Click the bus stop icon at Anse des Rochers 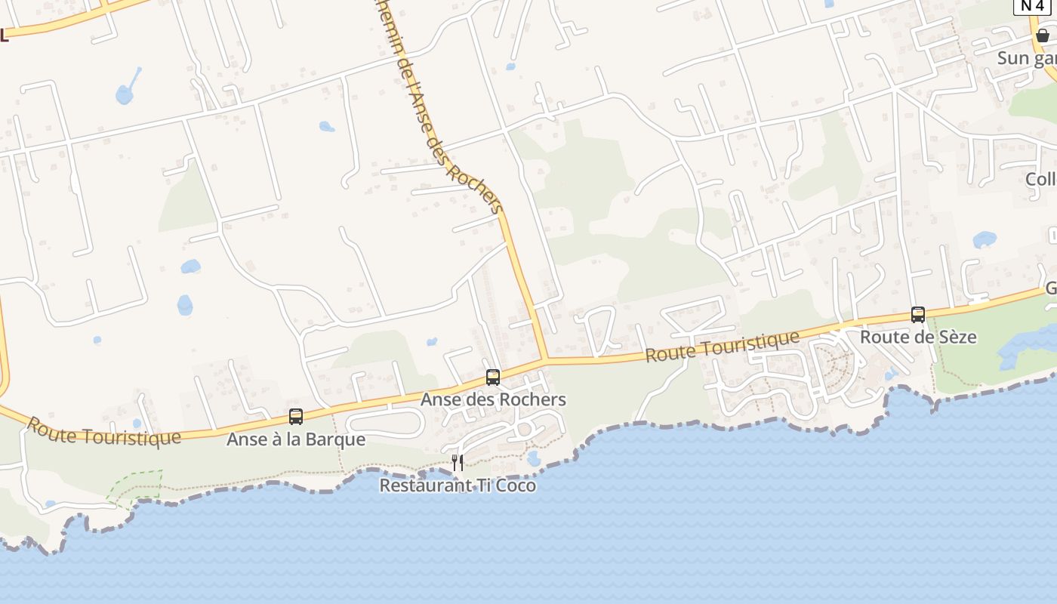click(x=493, y=377)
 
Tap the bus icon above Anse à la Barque click(x=296, y=417)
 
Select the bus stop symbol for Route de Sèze click(x=918, y=315)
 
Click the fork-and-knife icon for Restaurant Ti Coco click(x=458, y=462)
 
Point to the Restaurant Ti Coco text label click(x=458, y=485)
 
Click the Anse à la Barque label click(x=296, y=439)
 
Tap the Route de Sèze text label click(x=918, y=337)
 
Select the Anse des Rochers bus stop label click(x=493, y=399)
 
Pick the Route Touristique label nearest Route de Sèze click(x=722, y=347)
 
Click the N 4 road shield click(x=1033, y=6)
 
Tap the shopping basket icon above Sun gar click(x=1042, y=35)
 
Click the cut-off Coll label click(x=1040, y=179)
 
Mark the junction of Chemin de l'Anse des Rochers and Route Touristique click(x=545, y=360)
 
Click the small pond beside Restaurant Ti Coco click(x=535, y=458)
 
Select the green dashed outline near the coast click(x=136, y=487)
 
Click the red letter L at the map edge click(x=4, y=35)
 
